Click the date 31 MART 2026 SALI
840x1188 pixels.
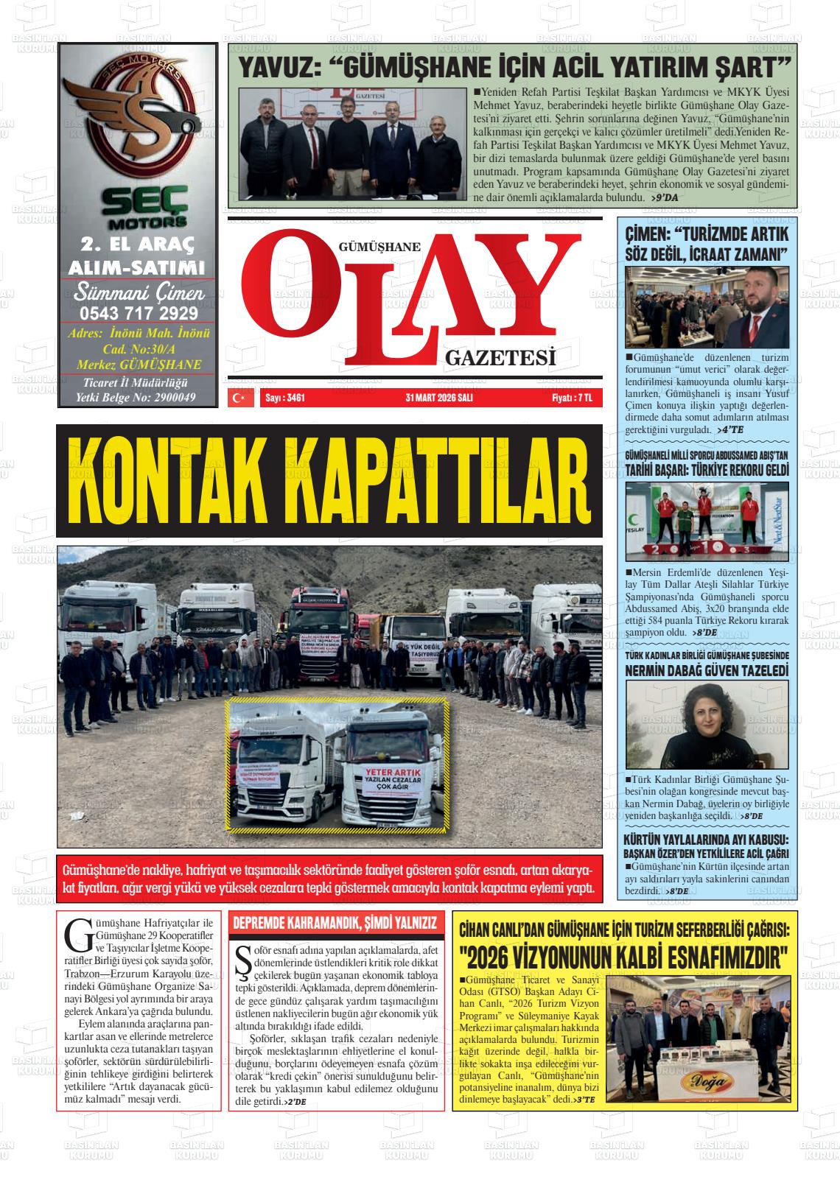(438, 398)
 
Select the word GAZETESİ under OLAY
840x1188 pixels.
(500, 359)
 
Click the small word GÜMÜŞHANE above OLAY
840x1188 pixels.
(380, 247)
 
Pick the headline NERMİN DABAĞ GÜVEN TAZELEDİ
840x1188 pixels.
(706, 671)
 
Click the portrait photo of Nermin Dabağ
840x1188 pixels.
(706, 725)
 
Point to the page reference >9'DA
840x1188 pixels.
(665, 198)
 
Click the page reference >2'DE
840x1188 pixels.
(295, 1102)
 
